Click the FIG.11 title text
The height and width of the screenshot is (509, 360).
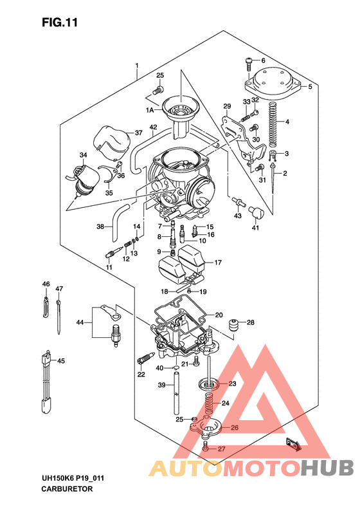point(60,23)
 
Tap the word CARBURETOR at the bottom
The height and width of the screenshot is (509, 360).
point(67,489)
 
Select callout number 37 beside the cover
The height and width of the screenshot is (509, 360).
point(138,133)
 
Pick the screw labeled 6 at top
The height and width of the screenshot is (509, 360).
point(249,63)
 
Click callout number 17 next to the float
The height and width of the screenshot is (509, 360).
point(218,263)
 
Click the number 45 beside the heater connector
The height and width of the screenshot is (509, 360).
point(61,361)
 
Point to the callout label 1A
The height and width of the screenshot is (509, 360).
point(151,110)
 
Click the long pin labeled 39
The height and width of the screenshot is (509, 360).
point(175,399)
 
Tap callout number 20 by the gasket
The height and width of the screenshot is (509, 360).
point(219,315)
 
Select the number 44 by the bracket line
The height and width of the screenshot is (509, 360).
point(80,322)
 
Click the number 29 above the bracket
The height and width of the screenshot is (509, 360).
point(226,106)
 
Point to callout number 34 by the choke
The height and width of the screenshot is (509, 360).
point(83,155)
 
